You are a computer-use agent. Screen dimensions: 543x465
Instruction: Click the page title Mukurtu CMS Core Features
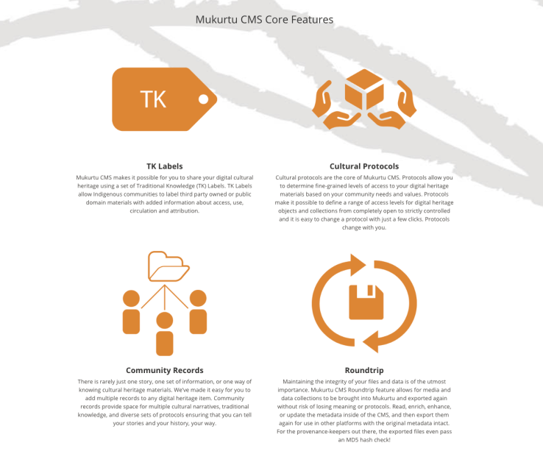264,20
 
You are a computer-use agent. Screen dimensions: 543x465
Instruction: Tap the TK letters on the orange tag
153,99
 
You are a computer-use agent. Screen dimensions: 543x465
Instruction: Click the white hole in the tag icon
203,99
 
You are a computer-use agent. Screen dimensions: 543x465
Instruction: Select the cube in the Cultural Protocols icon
364,89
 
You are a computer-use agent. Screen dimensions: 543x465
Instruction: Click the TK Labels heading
165,166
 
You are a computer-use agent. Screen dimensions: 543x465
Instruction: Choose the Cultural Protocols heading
364,166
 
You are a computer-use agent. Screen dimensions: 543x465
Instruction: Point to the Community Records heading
165,371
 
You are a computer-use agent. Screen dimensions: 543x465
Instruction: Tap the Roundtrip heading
364,371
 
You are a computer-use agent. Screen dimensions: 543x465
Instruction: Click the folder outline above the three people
168,266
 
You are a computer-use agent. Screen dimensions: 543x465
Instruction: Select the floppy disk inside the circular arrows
366,302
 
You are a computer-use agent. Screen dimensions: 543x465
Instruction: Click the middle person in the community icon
165,334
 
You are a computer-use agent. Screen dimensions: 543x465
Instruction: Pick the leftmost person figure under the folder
131,312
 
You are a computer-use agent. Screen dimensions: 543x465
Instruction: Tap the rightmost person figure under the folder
198,312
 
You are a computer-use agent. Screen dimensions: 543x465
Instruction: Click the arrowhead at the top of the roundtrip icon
358,265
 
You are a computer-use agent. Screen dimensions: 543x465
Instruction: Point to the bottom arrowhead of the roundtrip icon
371,341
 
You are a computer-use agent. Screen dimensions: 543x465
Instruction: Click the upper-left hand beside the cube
322,99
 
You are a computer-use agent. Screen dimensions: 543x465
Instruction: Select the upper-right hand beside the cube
407,99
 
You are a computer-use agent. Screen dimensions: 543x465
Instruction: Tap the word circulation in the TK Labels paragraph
143,211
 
